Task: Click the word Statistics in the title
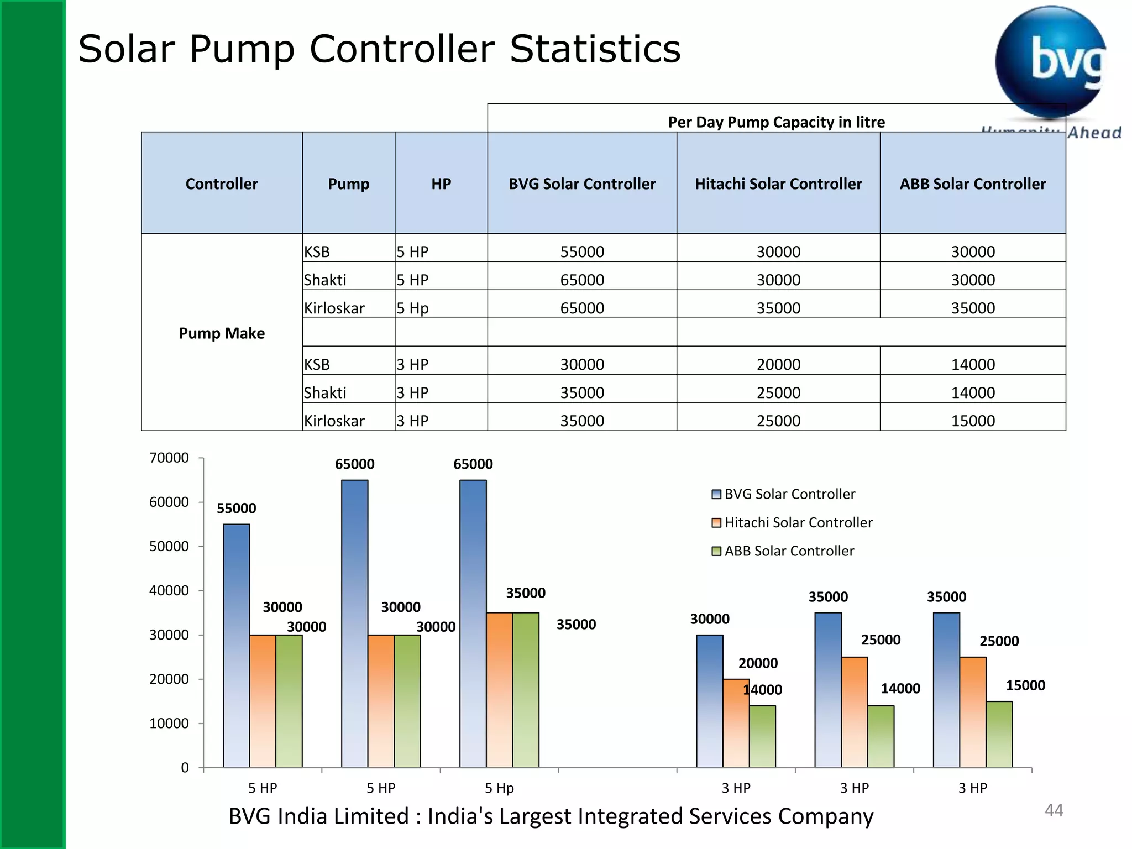(x=595, y=49)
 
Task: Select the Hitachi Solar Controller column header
(x=778, y=184)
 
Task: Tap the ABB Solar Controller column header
(x=972, y=184)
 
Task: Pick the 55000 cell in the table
(x=581, y=251)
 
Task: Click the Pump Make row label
(x=222, y=333)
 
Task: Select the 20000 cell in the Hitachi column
(x=778, y=364)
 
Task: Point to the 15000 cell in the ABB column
(x=972, y=421)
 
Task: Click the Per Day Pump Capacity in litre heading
(x=776, y=122)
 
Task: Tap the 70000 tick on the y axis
(x=169, y=458)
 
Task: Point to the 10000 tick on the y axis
(x=169, y=723)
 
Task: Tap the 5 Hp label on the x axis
(x=499, y=788)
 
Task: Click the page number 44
(x=1054, y=810)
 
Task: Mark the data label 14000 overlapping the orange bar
(x=762, y=690)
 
